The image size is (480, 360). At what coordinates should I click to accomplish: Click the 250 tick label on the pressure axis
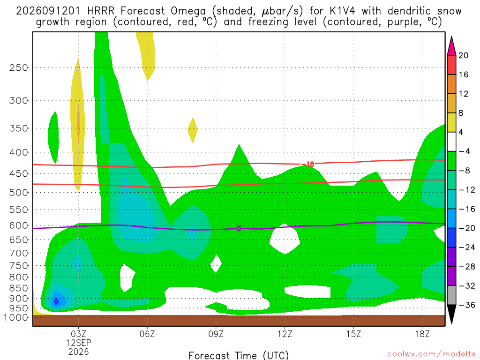[19, 67]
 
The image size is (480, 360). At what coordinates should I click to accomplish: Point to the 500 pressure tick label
[19, 193]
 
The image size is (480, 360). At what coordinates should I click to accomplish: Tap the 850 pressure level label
[19, 288]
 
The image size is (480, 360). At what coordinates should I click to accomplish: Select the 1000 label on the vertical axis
[16, 318]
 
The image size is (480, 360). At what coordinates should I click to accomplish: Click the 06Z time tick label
[147, 334]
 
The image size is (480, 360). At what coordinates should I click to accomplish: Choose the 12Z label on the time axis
[285, 334]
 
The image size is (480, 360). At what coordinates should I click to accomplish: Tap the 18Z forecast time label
[422, 334]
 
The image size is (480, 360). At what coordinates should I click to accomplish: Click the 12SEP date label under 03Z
[79, 343]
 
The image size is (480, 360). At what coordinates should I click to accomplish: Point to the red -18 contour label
[308, 165]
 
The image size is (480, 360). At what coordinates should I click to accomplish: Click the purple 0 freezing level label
[239, 229]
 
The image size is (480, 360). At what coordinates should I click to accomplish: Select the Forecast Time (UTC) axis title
[239, 355]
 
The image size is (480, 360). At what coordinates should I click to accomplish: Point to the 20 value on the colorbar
[464, 55]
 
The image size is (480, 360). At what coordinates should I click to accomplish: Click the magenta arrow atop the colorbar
[451, 46]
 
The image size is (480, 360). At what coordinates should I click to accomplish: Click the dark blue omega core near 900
[56, 301]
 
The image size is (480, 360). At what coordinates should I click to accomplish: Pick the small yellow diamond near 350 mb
[193, 130]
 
